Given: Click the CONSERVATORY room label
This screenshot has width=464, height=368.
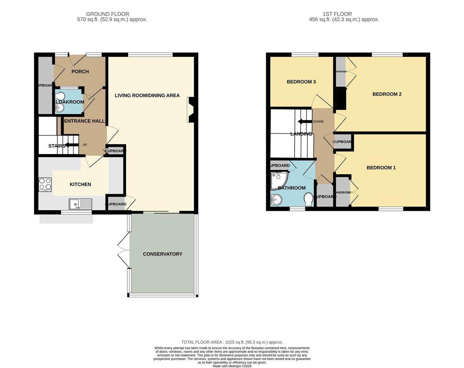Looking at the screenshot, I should (x=162, y=254).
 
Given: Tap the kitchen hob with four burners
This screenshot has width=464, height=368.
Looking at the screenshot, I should (x=45, y=184).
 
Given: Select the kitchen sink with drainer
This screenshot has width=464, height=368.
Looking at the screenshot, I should (x=80, y=204).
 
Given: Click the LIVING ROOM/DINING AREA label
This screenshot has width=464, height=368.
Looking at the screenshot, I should (x=147, y=95).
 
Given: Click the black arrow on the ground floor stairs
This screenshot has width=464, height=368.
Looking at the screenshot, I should (x=72, y=145).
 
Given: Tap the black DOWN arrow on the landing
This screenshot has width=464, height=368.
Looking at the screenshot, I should (x=305, y=122).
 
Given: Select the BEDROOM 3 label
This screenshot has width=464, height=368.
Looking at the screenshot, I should (x=301, y=82).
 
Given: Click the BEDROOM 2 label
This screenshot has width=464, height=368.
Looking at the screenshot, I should (x=387, y=94).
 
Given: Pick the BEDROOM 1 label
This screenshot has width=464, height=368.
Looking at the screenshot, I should (x=381, y=168).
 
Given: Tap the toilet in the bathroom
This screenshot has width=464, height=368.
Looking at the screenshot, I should (x=309, y=199).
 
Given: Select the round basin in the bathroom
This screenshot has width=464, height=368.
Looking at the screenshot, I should (x=276, y=200).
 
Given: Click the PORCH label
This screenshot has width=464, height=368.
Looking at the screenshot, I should (x=80, y=72).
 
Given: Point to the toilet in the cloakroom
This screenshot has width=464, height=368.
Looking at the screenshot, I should (x=60, y=96).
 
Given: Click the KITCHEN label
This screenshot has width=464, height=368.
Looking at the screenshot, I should (x=80, y=184).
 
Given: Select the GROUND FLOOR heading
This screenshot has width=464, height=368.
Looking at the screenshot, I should (x=107, y=14).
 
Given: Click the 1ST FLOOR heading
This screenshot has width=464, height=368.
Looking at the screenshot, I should (x=337, y=14).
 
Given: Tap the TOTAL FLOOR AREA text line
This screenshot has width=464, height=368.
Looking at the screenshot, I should (x=232, y=342).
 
